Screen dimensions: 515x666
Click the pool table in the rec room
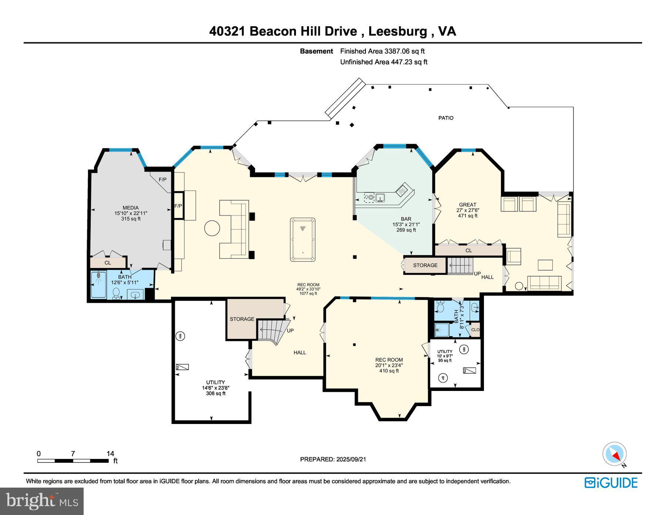(x=303, y=240)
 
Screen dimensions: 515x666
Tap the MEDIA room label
(x=131, y=208)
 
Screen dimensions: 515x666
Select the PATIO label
(x=445, y=118)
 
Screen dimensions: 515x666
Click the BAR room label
(x=406, y=219)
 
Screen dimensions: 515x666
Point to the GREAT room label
(x=467, y=204)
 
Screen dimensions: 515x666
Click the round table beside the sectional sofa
(x=212, y=228)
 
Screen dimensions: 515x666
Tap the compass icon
(x=614, y=454)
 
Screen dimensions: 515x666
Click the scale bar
(x=73, y=461)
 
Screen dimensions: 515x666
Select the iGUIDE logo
(x=611, y=483)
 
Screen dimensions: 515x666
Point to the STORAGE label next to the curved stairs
(x=242, y=319)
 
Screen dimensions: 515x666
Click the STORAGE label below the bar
(x=425, y=265)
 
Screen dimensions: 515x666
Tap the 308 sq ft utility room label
(x=216, y=388)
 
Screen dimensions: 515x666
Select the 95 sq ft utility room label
(x=445, y=356)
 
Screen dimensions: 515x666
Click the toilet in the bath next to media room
(x=116, y=293)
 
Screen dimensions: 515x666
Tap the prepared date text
(x=333, y=459)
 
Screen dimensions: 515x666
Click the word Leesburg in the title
(x=397, y=31)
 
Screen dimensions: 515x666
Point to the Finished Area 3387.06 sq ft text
(x=382, y=51)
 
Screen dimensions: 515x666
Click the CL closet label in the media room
(x=108, y=263)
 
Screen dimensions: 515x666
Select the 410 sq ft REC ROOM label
(x=389, y=365)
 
